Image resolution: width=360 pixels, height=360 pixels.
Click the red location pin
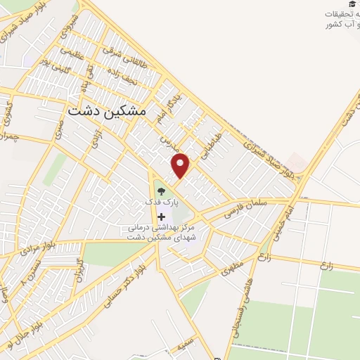pyautogui.click(x=181, y=165)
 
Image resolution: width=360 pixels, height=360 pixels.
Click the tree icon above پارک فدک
pyautogui.click(x=161, y=190)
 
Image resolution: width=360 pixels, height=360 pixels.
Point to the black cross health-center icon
pyautogui.click(x=162, y=217)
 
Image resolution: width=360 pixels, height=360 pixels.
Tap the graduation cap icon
pyautogui.click(x=352, y=4)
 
